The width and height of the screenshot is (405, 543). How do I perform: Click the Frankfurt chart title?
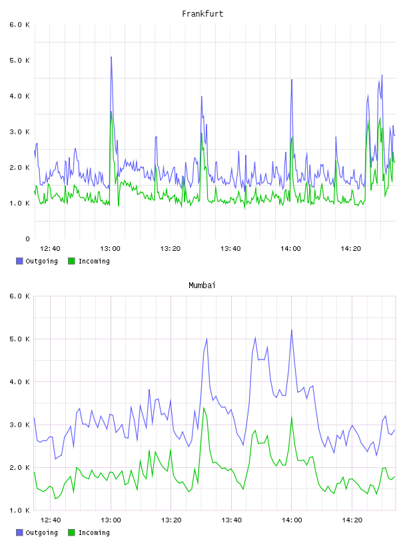202,14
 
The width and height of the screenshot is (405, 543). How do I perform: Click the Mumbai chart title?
202,285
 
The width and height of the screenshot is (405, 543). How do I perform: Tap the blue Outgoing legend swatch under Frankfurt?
19,261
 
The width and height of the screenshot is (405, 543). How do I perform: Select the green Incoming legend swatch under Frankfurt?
71,261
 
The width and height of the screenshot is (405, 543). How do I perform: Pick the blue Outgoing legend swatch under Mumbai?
19,532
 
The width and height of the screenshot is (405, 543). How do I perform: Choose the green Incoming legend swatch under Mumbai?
71,532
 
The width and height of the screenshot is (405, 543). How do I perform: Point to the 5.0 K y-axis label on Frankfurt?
20,61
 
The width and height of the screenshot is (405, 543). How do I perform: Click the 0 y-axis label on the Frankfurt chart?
28,239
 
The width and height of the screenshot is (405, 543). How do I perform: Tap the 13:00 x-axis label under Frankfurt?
111,249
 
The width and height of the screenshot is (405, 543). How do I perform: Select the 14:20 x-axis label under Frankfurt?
351,249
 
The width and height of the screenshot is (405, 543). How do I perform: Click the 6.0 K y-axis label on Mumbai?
20,296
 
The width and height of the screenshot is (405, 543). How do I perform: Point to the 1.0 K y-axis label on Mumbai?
20,510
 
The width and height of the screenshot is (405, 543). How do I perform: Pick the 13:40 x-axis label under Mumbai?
231,520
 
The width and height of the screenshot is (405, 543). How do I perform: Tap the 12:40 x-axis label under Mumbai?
51,520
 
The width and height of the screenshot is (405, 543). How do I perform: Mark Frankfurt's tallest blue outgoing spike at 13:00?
111,57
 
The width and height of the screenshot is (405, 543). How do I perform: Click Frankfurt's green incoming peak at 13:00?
111,112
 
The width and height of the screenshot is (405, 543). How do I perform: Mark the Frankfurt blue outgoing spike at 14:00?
292,80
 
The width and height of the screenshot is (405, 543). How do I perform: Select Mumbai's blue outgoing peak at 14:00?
292,330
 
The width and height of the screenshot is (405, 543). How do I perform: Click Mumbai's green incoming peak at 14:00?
292,417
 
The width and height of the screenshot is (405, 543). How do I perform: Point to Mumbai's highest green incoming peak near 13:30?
204,408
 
